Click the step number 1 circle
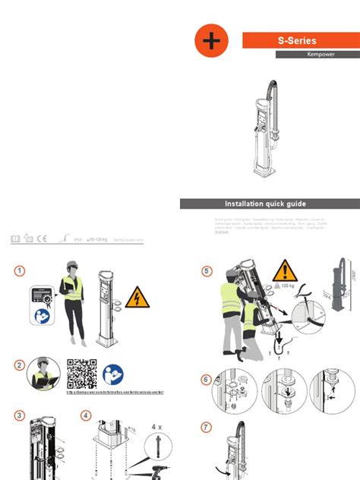(20, 271)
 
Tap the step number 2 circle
(20, 365)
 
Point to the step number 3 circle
(20, 415)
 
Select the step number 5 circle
(207, 271)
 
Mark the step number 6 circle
(207, 380)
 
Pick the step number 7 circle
(207, 428)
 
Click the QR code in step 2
(82, 373)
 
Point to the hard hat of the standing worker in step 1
(73, 264)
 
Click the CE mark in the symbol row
(43, 238)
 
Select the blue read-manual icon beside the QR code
(112, 372)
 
